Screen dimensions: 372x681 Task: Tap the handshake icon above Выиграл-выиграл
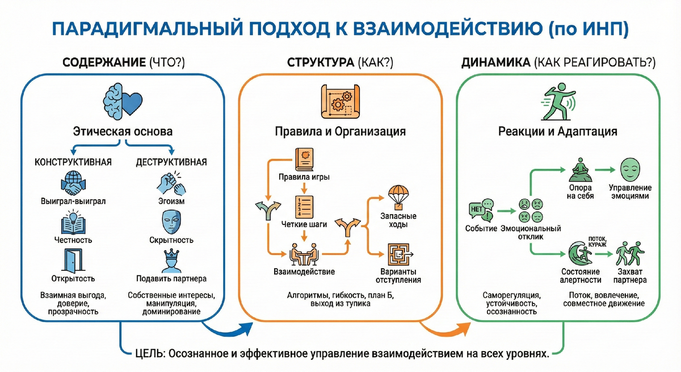pyautogui.click(x=73, y=183)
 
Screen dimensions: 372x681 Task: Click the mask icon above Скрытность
pyautogui.click(x=171, y=221)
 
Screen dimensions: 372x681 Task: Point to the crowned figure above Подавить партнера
pyautogui.click(x=171, y=261)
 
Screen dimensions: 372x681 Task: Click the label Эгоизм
pyautogui.click(x=171, y=201)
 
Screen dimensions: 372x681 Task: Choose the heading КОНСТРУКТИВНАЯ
pyautogui.click(x=73, y=162)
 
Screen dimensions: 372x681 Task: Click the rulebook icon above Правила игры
pyautogui.click(x=304, y=160)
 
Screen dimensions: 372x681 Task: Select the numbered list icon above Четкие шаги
pyautogui.click(x=304, y=207)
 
